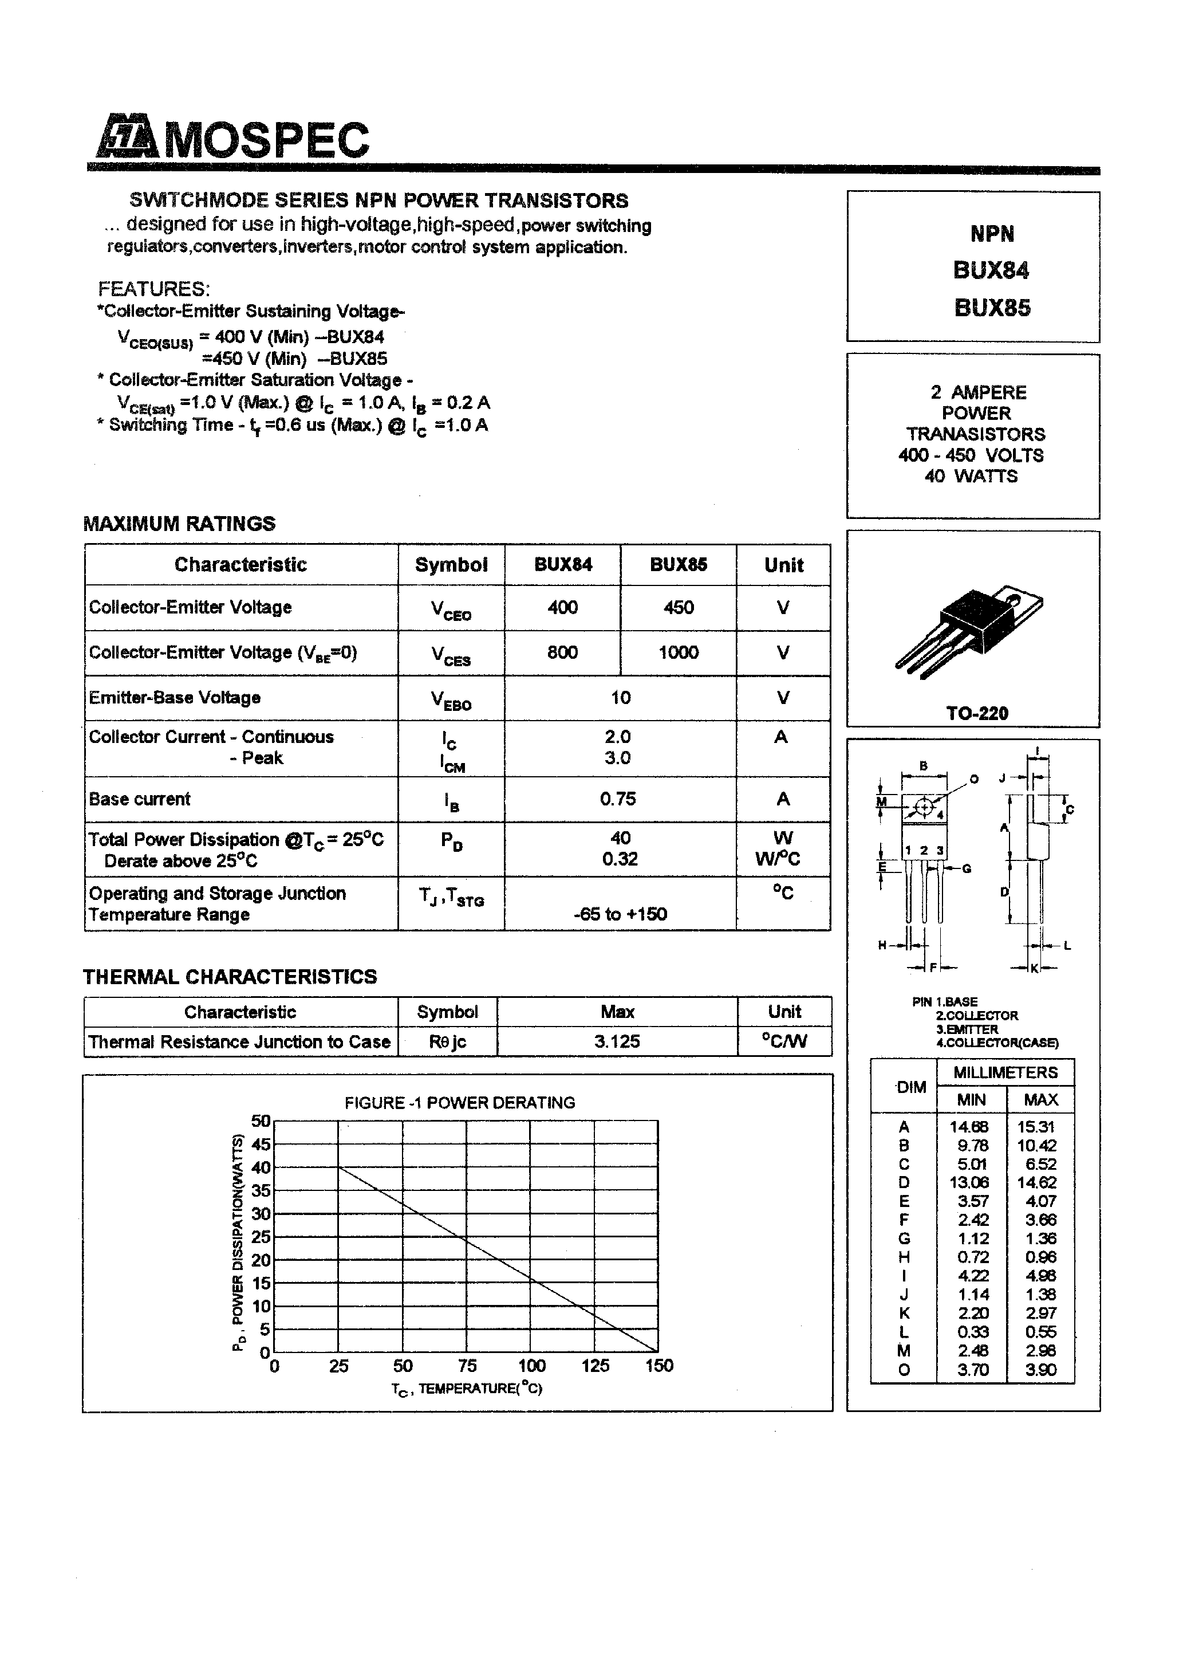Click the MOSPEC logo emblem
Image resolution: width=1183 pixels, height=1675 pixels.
(125, 138)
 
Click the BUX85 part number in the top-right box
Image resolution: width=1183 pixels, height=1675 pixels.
(992, 308)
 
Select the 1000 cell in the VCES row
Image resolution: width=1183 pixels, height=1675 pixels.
(679, 652)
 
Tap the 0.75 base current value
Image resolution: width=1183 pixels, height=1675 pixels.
(618, 799)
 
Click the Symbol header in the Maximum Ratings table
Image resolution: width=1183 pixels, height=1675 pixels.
(451, 565)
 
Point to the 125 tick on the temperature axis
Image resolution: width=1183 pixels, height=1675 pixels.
(595, 1366)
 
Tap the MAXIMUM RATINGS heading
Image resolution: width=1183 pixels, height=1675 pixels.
(179, 523)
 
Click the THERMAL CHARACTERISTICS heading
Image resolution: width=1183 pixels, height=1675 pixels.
(230, 976)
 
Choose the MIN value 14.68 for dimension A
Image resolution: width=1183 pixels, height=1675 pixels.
(969, 1126)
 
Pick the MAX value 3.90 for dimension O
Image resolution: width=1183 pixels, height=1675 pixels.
(1041, 1369)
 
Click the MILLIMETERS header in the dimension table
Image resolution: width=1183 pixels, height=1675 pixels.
(1005, 1072)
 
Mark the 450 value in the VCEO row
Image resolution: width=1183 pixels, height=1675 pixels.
(679, 607)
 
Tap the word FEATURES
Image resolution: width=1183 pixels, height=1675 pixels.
(154, 288)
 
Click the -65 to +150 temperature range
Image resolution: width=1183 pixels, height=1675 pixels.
(620, 914)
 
